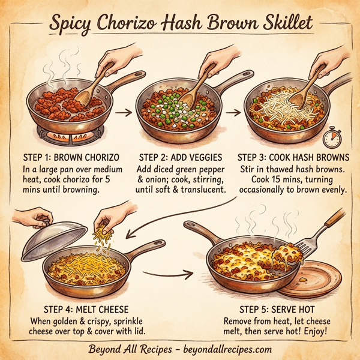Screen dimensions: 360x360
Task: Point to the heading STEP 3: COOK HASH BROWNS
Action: (x=293, y=158)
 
